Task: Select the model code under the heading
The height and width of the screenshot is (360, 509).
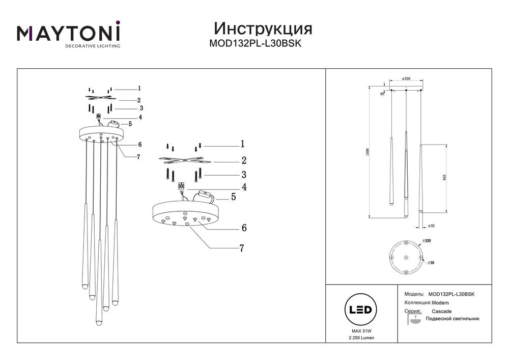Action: (x=256, y=44)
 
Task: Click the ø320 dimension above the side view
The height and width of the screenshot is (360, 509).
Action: (x=406, y=79)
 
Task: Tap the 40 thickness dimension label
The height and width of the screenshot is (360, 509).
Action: (x=382, y=94)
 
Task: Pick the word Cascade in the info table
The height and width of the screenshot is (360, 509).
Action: (x=441, y=311)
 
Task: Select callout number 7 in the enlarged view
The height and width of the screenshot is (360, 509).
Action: (x=242, y=248)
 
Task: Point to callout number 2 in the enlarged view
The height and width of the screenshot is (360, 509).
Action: (x=244, y=160)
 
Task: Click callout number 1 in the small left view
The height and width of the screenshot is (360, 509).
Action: (x=138, y=88)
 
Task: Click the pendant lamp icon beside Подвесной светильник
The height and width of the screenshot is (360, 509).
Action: (x=415, y=320)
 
